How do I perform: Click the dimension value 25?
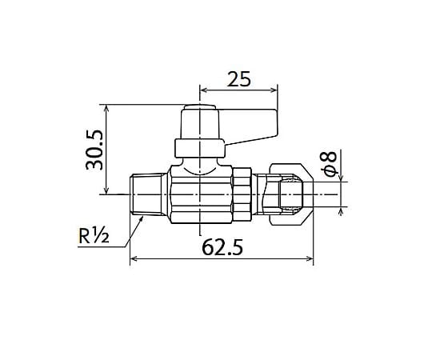click(238, 78)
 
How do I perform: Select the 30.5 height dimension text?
click(94, 150)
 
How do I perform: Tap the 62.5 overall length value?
click(222, 247)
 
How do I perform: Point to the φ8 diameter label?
click(330, 163)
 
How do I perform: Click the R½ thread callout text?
click(94, 236)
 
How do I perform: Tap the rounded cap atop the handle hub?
click(200, 107)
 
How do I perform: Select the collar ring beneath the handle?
click(200, 148)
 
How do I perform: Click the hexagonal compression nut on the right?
click(291, 194)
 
